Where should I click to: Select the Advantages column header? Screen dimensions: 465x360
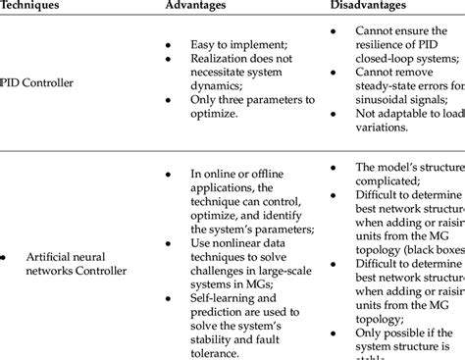[197, 6]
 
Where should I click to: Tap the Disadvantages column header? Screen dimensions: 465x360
[369, 6]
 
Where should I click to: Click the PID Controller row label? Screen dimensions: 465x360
[36, 83]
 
